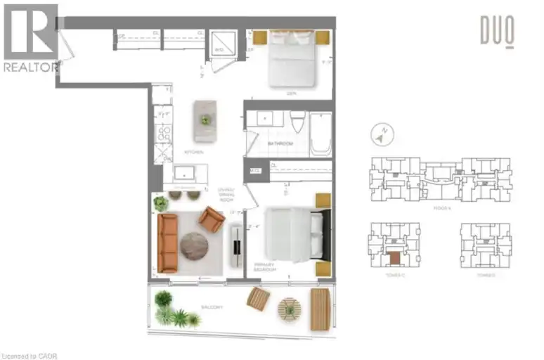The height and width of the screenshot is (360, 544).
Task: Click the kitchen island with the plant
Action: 205,121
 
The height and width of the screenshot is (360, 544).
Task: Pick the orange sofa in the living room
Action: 167,243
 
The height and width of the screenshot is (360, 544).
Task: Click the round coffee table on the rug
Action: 194,246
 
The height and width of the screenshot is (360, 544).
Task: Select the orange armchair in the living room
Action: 211,219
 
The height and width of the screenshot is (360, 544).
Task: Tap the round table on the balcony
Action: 288,309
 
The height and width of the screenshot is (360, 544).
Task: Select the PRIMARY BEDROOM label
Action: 266,267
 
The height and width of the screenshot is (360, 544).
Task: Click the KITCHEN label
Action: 194,152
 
